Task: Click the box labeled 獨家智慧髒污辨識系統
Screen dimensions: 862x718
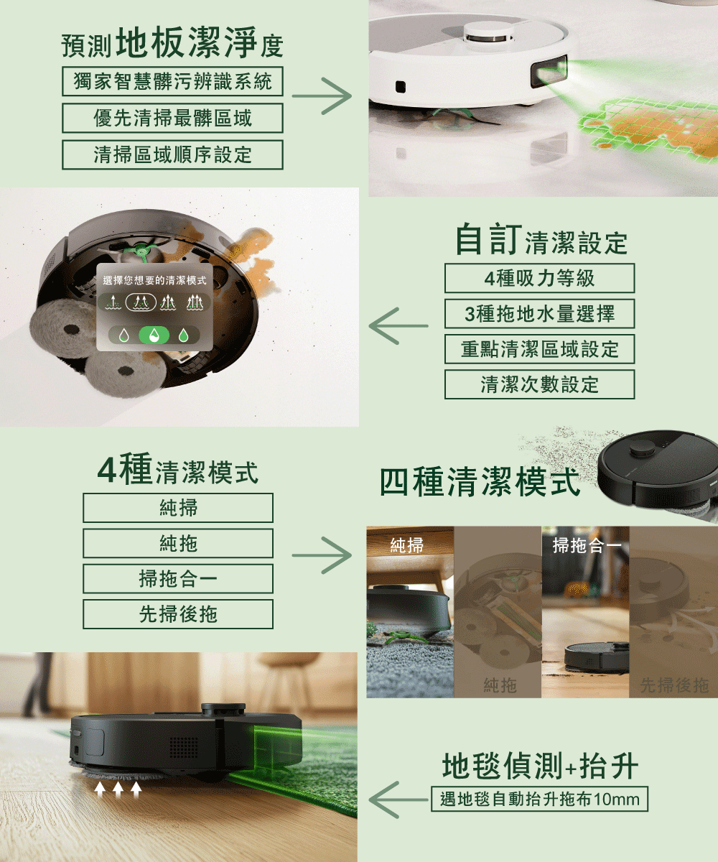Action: click(x=172, y=82)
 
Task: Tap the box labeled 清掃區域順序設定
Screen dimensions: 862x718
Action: click(x=172, y=155)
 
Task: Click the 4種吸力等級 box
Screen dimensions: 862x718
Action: click(x=539, y=278)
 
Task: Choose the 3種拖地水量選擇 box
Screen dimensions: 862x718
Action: click(x=539, y=314)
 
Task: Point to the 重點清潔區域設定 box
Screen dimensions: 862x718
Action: click(x=539, y=349)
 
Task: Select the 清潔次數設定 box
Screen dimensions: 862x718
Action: click(x=539, y=384)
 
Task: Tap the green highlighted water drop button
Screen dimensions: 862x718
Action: click(x=154, y=335)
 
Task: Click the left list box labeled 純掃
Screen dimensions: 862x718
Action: click(x=178, y=508)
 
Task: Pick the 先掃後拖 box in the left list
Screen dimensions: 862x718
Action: click(x=178, y=614)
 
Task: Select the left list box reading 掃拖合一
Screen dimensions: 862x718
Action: click(x=178, y=578)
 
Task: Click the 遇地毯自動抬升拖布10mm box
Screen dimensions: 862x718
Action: click(x=539, y=799)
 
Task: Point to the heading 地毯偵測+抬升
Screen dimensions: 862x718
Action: click(x=540, y=766)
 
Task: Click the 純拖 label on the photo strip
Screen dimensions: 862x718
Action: click(x=499, y=686)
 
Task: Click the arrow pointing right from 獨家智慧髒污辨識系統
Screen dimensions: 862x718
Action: click(x=322, y=97)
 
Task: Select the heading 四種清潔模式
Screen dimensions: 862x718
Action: click(x=480, y=483)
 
